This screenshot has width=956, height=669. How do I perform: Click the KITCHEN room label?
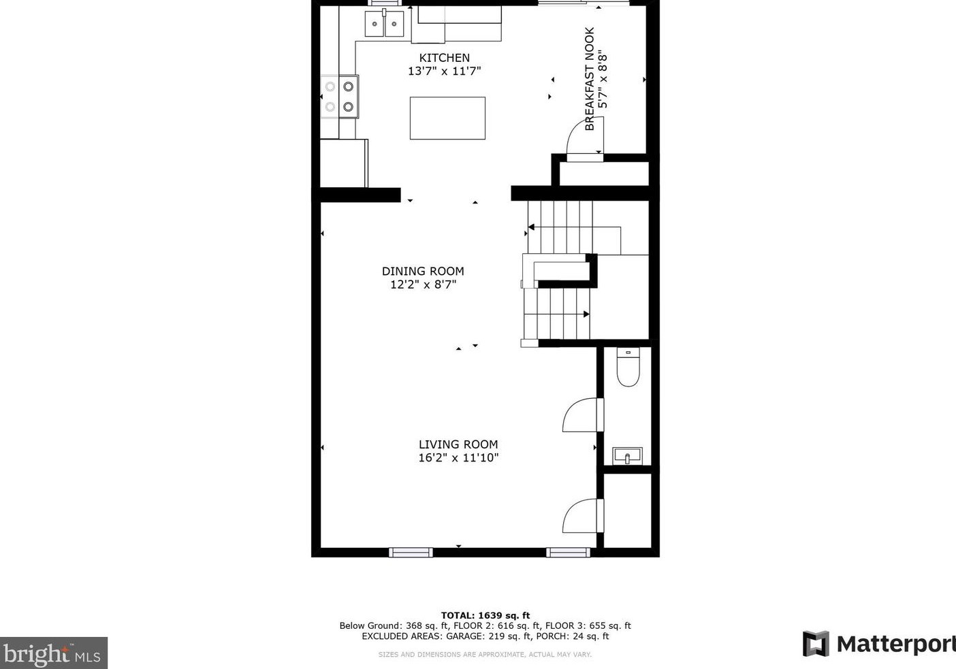point(444,58)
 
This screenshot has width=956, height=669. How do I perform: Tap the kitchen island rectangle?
point(447,118)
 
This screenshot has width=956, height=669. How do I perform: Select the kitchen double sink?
point(384,24)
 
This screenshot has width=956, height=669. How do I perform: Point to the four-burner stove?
point(339,97)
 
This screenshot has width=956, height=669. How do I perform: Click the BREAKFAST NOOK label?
point(590,79)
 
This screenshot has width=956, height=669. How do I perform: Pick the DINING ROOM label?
point(423,271)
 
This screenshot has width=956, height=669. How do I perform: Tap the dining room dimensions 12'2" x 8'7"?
point(423,284)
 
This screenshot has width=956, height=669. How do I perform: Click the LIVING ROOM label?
point(458,444)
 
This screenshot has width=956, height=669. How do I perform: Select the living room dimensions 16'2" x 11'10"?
point(458,458)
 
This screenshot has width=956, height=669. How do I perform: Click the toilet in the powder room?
point(628,368)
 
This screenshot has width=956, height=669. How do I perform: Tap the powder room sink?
point(627,455)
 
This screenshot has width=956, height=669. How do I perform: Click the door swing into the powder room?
point(583,415)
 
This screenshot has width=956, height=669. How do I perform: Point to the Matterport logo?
point(878,644)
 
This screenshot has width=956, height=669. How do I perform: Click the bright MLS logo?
point(53,653)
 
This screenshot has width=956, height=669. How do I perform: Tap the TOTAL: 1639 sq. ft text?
point(485,615)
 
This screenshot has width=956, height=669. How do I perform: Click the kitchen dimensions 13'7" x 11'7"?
point(444,71)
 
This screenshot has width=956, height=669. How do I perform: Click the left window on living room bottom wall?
point(411,552)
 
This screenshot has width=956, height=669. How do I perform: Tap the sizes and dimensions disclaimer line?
point(485,655)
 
